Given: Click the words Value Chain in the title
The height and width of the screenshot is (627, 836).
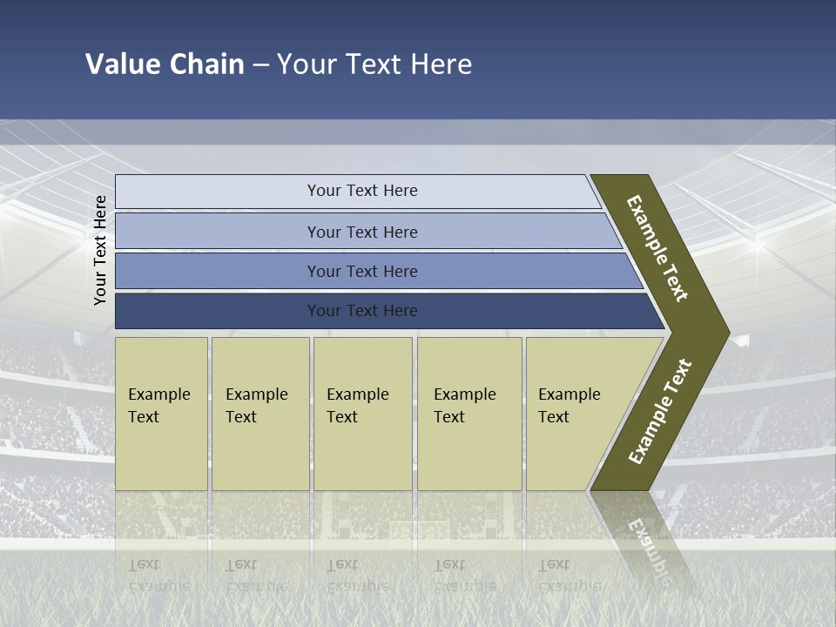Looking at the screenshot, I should click(165, 64).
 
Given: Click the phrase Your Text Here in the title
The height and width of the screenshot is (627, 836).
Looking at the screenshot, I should click(374, 64).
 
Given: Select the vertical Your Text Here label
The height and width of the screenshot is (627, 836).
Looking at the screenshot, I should click(100, 250).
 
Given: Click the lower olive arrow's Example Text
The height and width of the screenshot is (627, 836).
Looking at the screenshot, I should click(660, 412).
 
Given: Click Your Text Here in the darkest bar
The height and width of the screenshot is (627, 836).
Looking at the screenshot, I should click(362, 311).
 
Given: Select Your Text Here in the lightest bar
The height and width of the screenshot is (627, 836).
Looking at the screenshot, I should click(362, 191).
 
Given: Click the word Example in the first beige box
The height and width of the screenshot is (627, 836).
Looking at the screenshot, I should click(158, 394).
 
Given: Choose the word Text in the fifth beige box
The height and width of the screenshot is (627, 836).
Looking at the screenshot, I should click(553, 417).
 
